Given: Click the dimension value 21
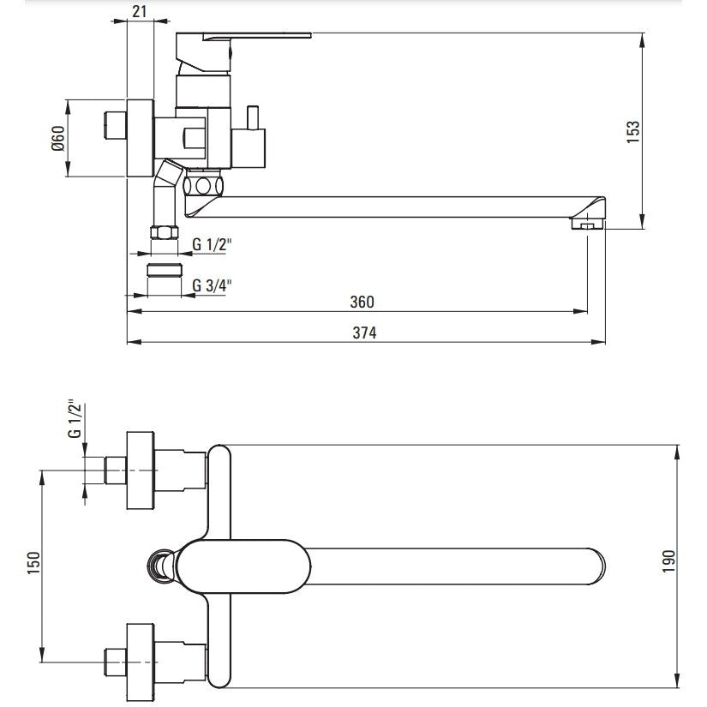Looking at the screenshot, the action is tap(140, 11).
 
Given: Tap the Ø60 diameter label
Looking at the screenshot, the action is tap(58, 138).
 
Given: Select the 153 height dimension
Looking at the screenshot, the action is tap(633, 132).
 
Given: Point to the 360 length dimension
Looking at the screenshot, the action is tap(362, 302).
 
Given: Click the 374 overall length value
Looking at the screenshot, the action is tap(364, 333).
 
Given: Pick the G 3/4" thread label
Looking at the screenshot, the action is tap(212, 285).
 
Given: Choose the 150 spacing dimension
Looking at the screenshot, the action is tap(33, 563).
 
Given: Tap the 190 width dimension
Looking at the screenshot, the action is tap(669, 561).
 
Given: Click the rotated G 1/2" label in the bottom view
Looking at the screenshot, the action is tap(75, 418).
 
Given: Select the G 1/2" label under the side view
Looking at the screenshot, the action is tap(212, 244).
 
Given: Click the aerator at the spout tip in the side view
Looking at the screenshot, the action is tap(587, 224).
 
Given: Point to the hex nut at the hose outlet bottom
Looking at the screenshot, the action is tap(165, 232).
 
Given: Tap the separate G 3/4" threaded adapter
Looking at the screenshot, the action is tap(165, 270).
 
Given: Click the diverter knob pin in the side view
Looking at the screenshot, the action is tap(253, 117).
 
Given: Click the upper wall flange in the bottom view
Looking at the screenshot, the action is tap(141, 470).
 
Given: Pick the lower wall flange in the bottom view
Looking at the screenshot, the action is tap(141, 662).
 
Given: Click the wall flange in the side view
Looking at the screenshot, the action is tap(141, 138).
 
